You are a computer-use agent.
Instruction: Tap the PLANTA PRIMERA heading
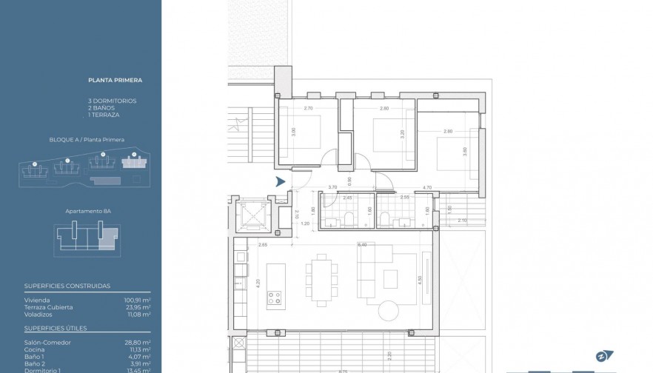[115, 80]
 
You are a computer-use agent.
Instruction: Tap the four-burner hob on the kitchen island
[275, 299]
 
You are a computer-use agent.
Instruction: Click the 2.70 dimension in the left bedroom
[309, 109]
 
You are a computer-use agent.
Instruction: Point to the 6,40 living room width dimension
[362, 244]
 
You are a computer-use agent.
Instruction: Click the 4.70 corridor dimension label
[427, 187]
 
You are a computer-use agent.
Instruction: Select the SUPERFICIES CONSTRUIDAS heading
[67, 285]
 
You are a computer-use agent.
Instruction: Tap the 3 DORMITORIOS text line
[112, 100]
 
